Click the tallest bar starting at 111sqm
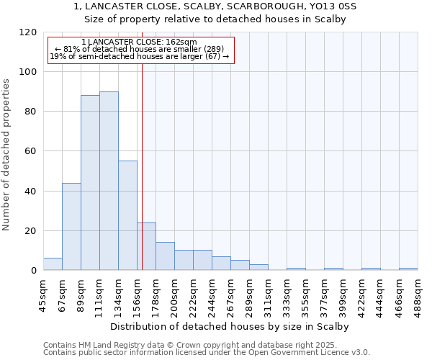tap(109, 181)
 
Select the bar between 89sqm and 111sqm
tap(90, 183)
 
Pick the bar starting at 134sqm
tap(127, 215)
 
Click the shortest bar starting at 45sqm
tap(53, 264)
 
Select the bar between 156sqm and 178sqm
tap(146, 246)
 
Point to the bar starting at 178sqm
tap(165, 256)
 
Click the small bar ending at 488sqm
tap(408, 269)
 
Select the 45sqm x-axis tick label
tap(44, 294)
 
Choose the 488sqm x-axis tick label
tap(418, 294)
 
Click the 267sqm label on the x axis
tap(231, 294)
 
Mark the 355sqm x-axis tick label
tap(306, 294)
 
